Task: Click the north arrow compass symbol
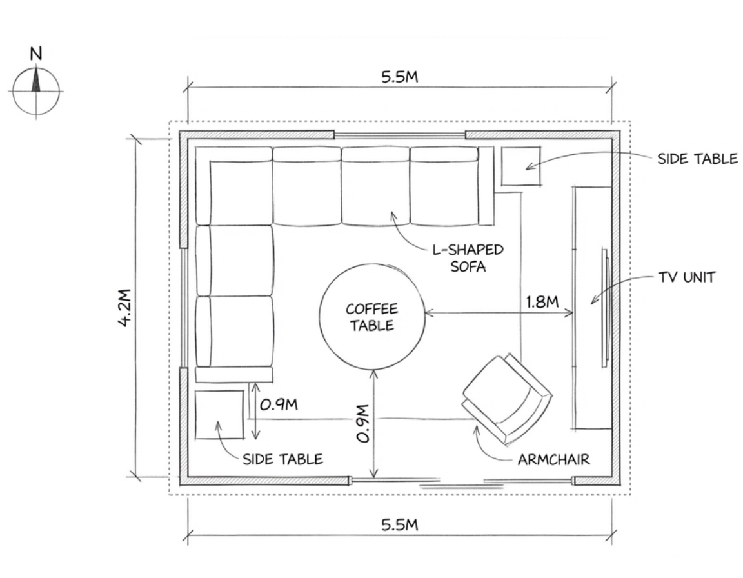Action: (x=36, y=90)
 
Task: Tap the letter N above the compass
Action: (x=36, y=54)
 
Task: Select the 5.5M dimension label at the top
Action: (x=400, y=77)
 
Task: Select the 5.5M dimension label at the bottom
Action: (x=400, y=524)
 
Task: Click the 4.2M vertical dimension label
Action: (x=124, y=308)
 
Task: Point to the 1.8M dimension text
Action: (x=542, y=302)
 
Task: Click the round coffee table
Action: (x=372, y=317)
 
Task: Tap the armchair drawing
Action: (x=507, y=399)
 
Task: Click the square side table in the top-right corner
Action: (x=521, y=166)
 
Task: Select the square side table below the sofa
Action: (x=219, y=415)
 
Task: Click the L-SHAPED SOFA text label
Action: (x=468, y=258)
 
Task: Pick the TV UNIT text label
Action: (x=687, y=277)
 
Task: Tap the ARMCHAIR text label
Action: (x=553, y=459)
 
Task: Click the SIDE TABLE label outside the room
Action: (x=697, y=159)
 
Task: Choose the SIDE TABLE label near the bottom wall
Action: (x=283, y=459)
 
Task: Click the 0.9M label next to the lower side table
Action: (x=279, y=404)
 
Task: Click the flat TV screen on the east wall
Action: (x=605, y=308)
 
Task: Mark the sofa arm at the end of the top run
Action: (x=486, y=186)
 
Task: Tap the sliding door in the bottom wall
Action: (x=462, y=482)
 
